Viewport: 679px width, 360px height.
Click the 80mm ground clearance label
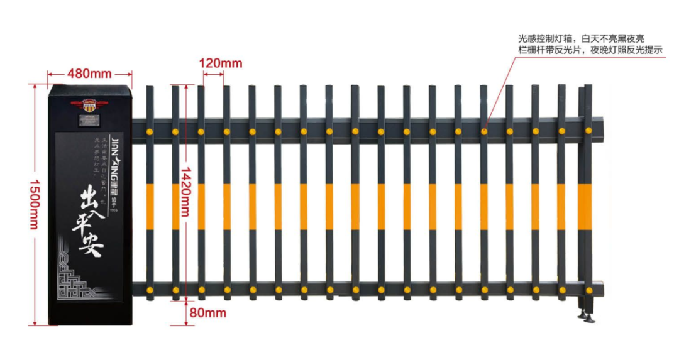[207, 312]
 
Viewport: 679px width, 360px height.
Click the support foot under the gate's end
[588, 314]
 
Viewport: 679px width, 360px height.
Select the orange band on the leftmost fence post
[150, 206]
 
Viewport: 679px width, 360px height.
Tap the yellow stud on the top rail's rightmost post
[588, 131]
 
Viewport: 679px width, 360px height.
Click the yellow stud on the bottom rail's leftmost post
[150, 290]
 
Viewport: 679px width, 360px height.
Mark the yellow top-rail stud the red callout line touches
[484, 131]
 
